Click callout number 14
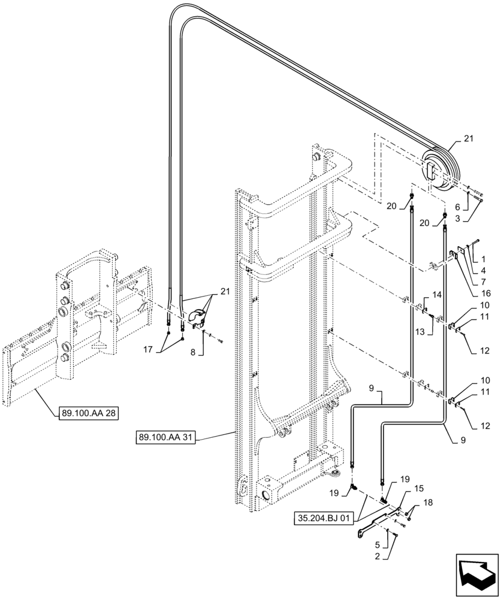pyautogui.click(x=436, y=295)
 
